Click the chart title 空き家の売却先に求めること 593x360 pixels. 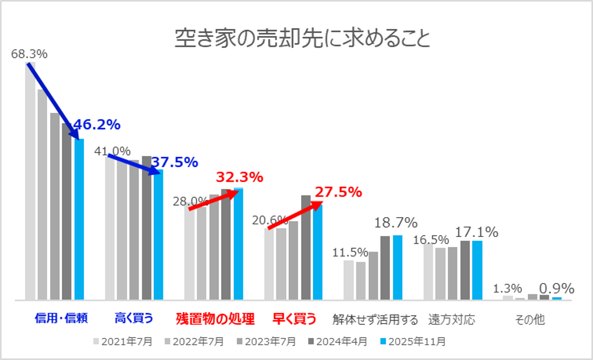(x=302, y=39)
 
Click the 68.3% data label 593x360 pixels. (x=29, y=54)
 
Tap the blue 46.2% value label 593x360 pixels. (x=96, y=125)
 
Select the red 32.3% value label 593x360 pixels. (x=240, y=177)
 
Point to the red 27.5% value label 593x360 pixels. (x=338, y=192)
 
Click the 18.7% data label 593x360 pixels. (x=396, y=223)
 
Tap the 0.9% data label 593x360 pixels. (x=556, y=288)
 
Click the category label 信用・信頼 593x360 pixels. (x=61, y=318)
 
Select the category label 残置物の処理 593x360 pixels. (x=215, y=319)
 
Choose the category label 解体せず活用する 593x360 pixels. (x=375, y=320)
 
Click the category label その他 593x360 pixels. (x=530, y=320)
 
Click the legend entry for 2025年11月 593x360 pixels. (x=414, y=342)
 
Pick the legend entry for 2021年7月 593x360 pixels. (x=123, y=342)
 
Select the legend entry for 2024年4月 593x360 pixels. (x=338, y=342)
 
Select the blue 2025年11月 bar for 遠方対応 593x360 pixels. (x=477, y=270)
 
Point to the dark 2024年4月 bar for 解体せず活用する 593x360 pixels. (x=385, y=268)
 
